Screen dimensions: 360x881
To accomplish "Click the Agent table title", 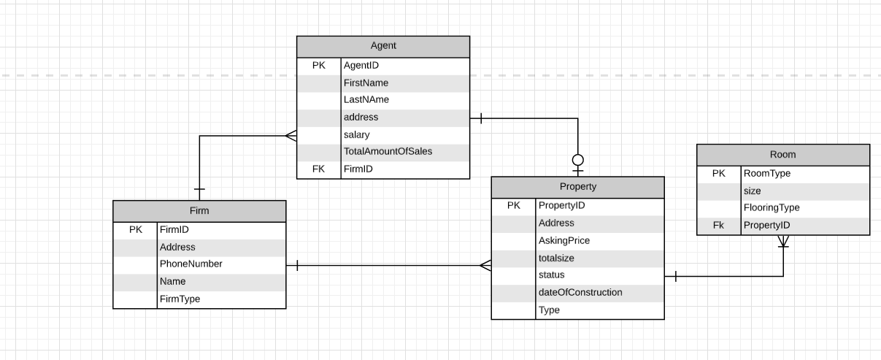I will point(383,45).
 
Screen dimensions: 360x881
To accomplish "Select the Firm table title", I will point(199,211).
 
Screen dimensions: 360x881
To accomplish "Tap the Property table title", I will point(577,186).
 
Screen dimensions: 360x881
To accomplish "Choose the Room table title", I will point(782,154).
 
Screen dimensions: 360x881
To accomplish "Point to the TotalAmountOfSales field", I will point(388,151).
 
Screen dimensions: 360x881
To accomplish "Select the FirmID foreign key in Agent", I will point(359,169).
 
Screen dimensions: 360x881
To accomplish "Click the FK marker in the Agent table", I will point(319,169).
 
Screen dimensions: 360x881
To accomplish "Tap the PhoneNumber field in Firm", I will point(191,264).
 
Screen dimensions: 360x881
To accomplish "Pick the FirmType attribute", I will point(180,299).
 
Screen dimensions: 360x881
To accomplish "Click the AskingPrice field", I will point(563,240).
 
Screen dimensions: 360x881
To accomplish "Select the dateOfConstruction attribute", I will point(580,292).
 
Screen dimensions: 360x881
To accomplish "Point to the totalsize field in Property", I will point(556,258).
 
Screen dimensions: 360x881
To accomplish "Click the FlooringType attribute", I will point(772,207).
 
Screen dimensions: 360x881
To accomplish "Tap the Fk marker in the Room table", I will point(719,226).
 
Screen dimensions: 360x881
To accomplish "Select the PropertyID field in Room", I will point(766,226).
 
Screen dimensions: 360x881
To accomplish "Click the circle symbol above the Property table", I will point(578,159).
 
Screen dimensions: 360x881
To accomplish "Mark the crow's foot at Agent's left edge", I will point(291,135).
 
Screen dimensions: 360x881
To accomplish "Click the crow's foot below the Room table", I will point(783,241).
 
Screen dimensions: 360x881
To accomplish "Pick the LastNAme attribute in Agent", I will point(366,99).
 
